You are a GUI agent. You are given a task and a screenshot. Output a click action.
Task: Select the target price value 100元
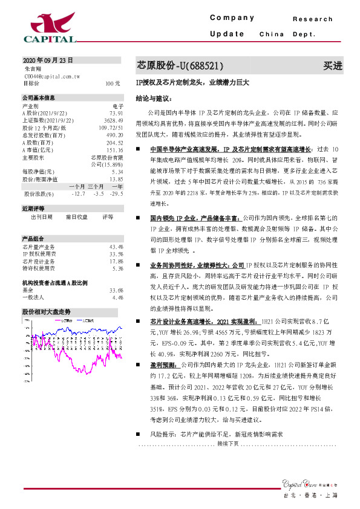[113, 83]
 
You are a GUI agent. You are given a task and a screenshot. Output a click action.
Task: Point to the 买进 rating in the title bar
[332, 65]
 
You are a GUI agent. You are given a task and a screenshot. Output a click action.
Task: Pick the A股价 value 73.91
[116, 113]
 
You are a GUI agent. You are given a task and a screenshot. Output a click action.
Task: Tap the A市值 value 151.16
[115, 150]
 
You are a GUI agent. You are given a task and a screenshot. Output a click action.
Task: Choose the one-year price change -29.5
[116, 194]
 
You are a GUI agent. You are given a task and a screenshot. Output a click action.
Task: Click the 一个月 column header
[76, 187]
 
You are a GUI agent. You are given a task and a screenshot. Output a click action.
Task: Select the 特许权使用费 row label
[39, 268]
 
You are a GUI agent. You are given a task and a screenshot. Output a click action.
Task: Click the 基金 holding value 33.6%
[116, 291]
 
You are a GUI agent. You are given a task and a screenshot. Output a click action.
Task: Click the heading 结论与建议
[154, 97]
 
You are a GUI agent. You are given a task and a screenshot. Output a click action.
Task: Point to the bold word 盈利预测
[163, 365]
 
